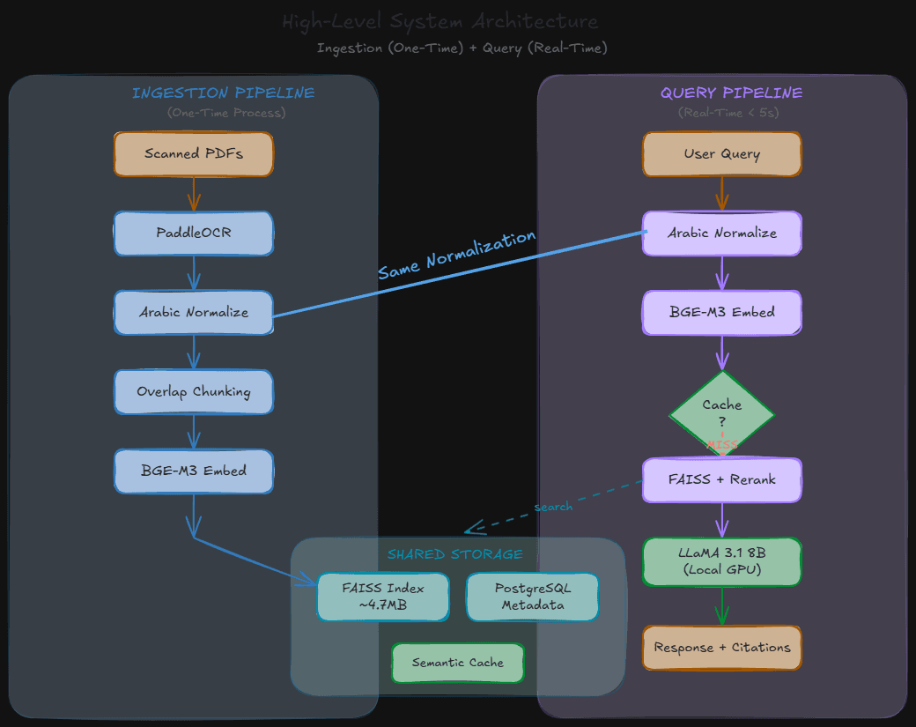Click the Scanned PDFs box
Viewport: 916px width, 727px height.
(x=194, y=154)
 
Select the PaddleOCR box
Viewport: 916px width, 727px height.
(x=194, y=234)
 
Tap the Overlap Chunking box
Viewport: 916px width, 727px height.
(x=194, y=392)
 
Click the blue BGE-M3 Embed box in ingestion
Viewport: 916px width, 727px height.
(x=194, y=471)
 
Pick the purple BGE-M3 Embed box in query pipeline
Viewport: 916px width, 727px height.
(x=722, y=313)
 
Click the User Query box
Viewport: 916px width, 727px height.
(x=722, y=154)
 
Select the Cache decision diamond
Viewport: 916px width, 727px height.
(x=722, y=410)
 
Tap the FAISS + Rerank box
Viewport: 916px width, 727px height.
(x=722, y=480)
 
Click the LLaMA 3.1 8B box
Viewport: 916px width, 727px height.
(x=722, y=561)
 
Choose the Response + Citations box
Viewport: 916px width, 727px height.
(x=722, y=648)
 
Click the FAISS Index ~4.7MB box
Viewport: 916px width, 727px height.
(x=383, y=597)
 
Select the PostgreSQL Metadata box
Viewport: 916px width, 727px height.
(x=533, y=597)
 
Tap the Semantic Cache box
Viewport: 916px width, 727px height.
(x=458, y=663)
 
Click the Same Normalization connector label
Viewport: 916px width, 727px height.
(x=456, y=256)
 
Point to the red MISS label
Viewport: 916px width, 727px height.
(x=722, y=445)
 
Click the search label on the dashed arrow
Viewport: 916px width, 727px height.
(x=553, y=507)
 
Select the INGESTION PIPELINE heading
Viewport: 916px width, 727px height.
(x=223, y=93)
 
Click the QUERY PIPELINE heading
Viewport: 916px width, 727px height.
(x=732, y=93)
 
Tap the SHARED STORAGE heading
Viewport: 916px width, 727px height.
(x=455, y=554)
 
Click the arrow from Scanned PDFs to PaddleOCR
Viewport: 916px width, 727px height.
(x=194, y=194)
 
